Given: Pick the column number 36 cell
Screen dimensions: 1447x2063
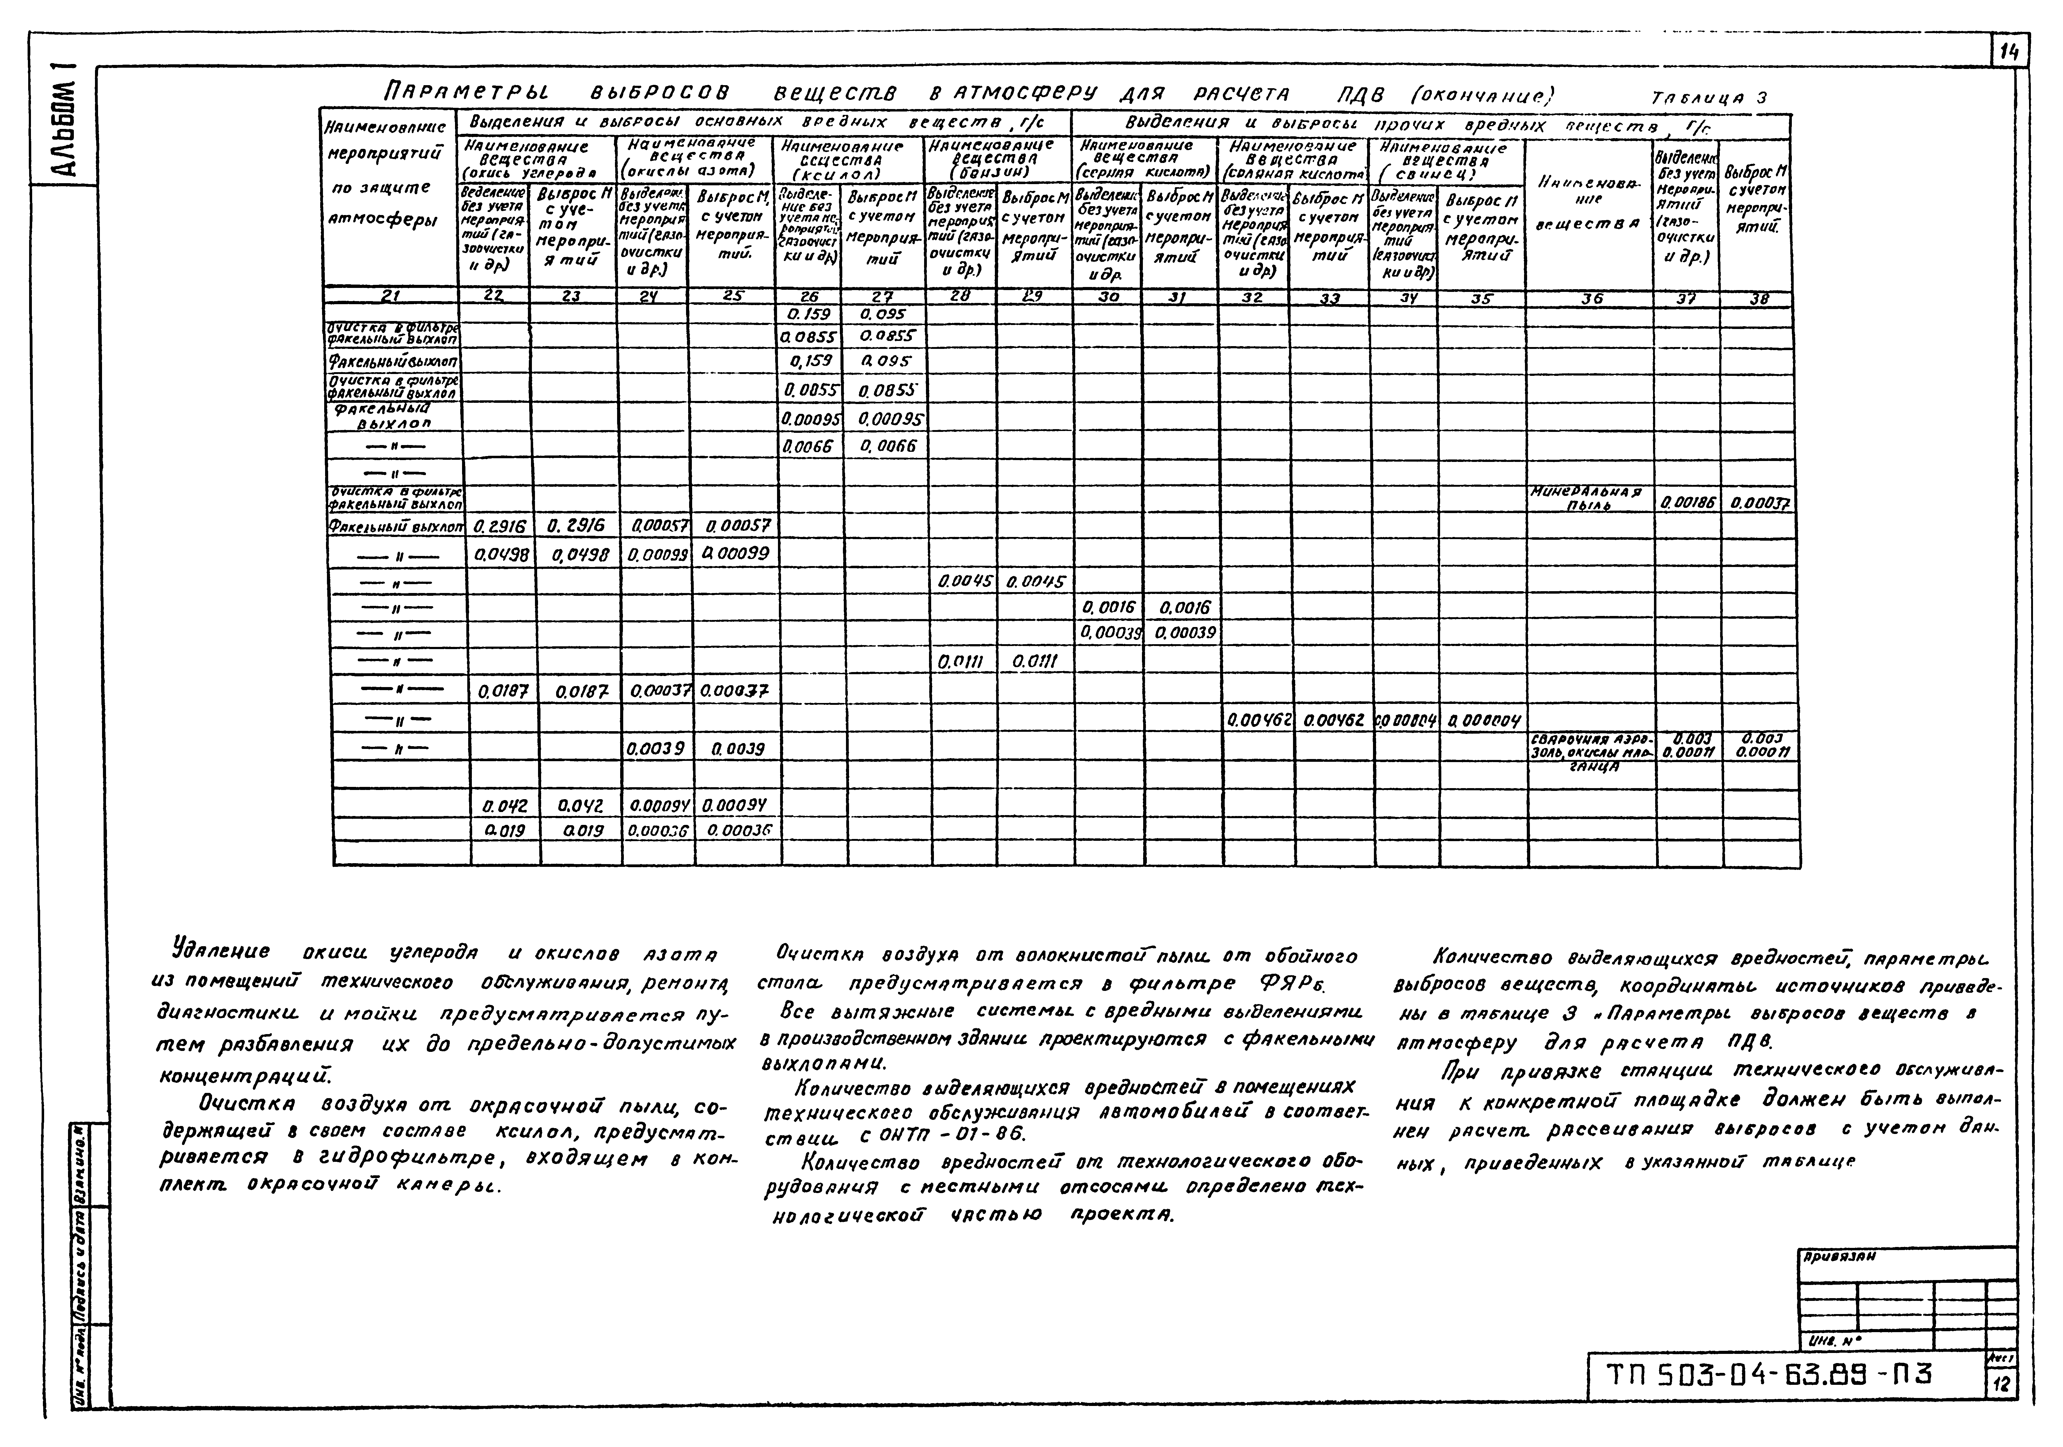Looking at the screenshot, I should click(1591, 298).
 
